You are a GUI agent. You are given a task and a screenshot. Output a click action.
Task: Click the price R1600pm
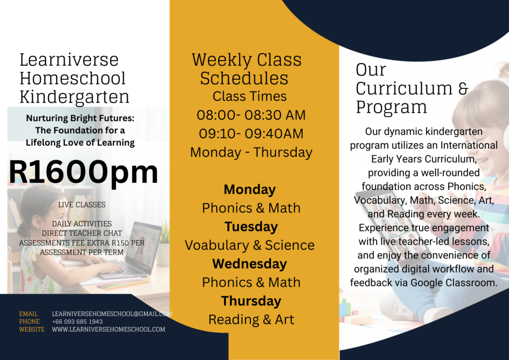point(84,173)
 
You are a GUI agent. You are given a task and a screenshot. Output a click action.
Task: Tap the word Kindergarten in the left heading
point(75,97)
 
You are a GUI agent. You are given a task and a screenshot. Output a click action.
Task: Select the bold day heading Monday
point(250,189)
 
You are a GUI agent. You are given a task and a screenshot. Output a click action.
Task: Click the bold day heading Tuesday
point(251,227)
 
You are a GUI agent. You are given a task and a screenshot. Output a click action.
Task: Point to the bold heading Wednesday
point(250,264)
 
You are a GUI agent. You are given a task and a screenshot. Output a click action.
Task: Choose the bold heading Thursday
point(251,301)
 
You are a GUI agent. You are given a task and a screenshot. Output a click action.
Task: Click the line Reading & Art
point(251,320)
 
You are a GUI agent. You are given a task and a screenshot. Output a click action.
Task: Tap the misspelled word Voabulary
point(217,246)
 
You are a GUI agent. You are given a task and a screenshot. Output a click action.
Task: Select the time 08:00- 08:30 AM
point(251,115)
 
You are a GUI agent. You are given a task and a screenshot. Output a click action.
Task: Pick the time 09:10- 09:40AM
point(251,133)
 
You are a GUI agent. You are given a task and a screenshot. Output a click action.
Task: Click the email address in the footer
point(112,314)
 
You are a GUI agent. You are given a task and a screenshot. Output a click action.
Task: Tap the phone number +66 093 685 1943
point(77,322)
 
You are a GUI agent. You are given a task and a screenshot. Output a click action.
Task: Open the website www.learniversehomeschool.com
point(108,330)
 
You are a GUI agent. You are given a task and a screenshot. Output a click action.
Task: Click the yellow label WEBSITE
point(32,330)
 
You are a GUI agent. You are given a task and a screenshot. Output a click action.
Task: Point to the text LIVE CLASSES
point(82,205)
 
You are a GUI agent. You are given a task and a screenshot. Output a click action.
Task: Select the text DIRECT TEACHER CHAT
point(82,233)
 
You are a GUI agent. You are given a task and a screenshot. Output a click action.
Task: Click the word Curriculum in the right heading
point(404,89)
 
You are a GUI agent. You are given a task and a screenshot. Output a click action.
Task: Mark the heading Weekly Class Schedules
point(247,69)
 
